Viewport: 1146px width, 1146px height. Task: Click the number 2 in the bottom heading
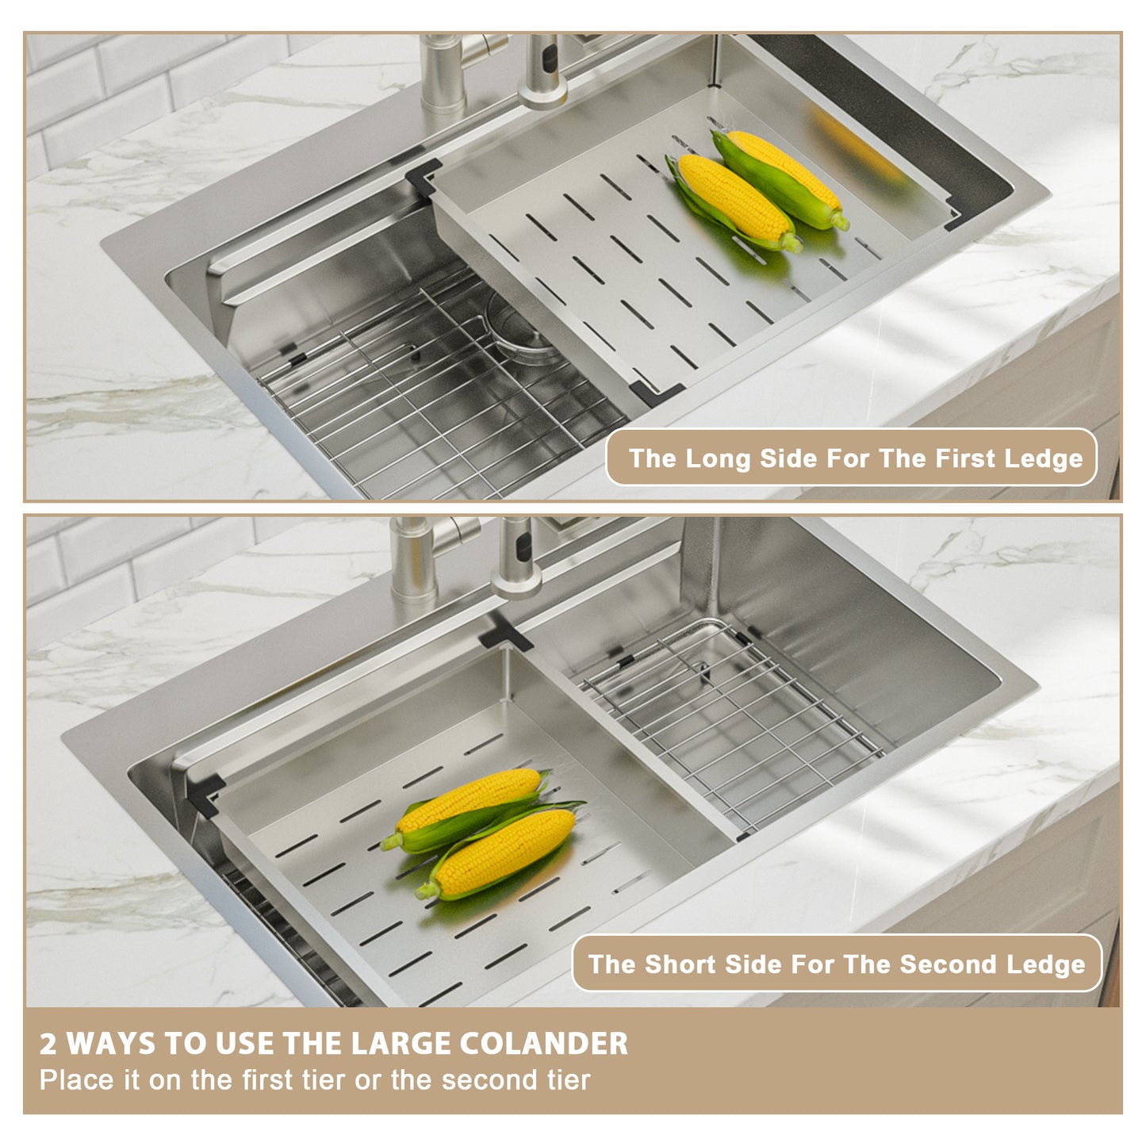pos(48,1044)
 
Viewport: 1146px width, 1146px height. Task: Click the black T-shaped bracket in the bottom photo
pos(504,633)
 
